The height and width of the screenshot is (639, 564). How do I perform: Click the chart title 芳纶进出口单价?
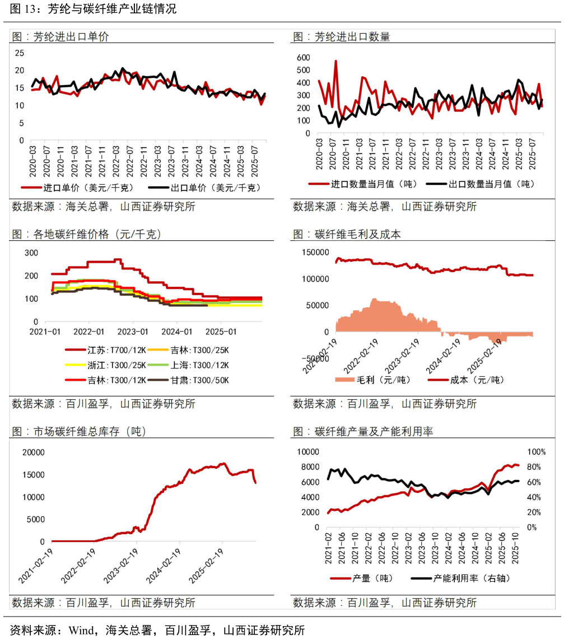click(x=71, y=37)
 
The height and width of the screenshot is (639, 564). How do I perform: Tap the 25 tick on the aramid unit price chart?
click(x=20, y=53)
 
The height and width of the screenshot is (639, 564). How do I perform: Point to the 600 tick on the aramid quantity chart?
click(x=303, y=58)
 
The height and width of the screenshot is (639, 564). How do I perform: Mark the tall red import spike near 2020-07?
click(x=335, y=63)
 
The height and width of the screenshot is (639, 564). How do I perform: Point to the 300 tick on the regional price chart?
click(x=31, y=253)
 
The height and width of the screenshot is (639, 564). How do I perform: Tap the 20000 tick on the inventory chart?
click(x=32, y=453)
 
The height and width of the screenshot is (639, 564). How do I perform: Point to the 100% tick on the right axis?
click(x=536, y=452)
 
